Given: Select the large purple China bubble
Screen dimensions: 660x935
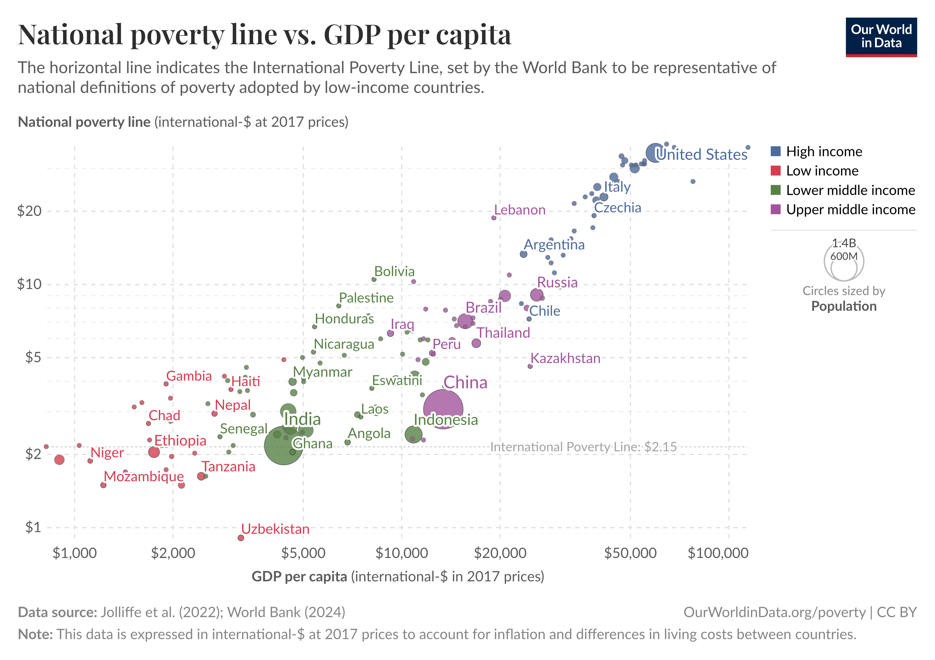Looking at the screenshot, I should point(443,409).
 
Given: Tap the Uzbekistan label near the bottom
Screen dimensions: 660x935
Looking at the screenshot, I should point(275,529).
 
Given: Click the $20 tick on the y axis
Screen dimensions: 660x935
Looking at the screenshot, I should point(29,211).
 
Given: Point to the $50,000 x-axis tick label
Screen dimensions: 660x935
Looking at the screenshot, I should point(630,553).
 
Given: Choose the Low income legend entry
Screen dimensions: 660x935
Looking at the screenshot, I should point(822,170).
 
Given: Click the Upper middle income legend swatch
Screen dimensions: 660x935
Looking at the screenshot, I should point(776,209).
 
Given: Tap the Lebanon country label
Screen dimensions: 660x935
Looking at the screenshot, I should point(520,210).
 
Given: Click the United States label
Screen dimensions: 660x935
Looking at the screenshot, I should point(702,154).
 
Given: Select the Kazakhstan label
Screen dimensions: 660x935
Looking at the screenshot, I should point(565,358).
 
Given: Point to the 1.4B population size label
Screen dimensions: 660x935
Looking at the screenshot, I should point(844,243).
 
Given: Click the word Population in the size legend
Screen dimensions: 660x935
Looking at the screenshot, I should point(844,306).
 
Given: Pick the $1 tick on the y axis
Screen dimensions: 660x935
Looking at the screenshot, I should point(33,527).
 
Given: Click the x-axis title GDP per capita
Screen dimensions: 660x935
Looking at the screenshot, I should point(299,576).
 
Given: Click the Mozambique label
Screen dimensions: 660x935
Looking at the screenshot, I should point(144,476).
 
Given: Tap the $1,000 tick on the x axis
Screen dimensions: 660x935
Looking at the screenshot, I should point(75,553).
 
